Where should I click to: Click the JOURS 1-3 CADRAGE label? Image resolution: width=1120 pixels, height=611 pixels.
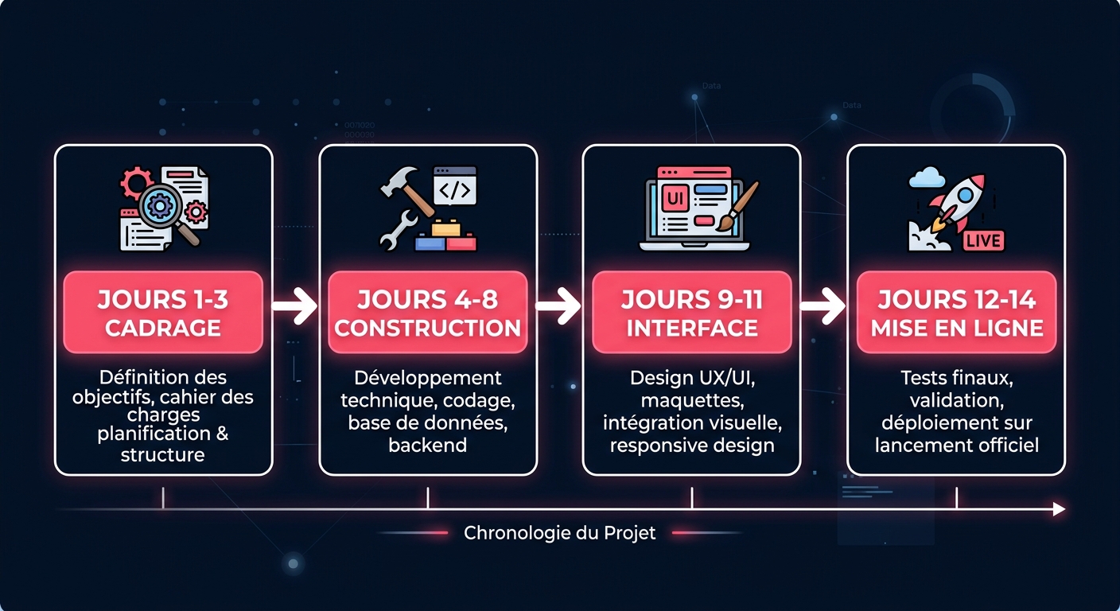point(163,312)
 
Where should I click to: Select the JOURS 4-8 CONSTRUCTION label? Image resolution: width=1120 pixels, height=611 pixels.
point(428,312)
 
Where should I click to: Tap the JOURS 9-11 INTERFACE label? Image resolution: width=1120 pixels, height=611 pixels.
point(692,312)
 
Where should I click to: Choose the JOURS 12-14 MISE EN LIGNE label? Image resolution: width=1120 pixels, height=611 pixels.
point(957,312)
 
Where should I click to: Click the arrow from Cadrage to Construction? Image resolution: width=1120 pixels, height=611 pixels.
point(295,305)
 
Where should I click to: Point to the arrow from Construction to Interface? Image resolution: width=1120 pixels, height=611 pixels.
point(559,305)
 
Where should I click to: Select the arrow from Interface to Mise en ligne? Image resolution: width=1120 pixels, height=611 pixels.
point(823,305)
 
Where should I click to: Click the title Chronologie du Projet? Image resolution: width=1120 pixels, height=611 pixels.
point(560,532)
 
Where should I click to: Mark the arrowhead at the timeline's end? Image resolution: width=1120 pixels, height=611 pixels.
point(1058,509)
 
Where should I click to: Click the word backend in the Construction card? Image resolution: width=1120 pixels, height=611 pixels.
point(428,445)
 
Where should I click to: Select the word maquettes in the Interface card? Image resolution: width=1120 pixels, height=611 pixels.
point(692,400)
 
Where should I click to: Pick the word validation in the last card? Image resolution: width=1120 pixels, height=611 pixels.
point(957,400)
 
